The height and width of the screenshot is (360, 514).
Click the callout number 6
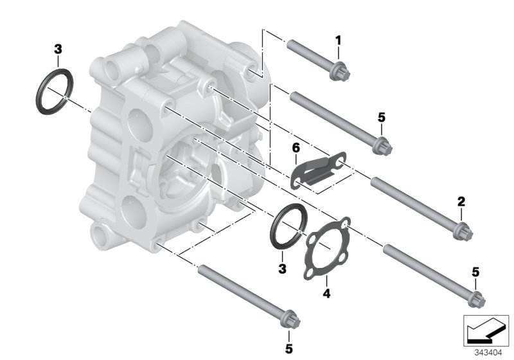pos(296,148)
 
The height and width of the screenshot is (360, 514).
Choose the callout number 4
pos(326,294)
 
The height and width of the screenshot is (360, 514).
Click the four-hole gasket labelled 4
pos(327,248)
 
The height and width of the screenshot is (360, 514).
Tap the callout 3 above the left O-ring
pos(58,49)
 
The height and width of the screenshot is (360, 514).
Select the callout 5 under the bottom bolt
pos(289,349)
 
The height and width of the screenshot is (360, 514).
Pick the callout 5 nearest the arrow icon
pos(475,273)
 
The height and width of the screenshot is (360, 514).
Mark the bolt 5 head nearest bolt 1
pos(380,146)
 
